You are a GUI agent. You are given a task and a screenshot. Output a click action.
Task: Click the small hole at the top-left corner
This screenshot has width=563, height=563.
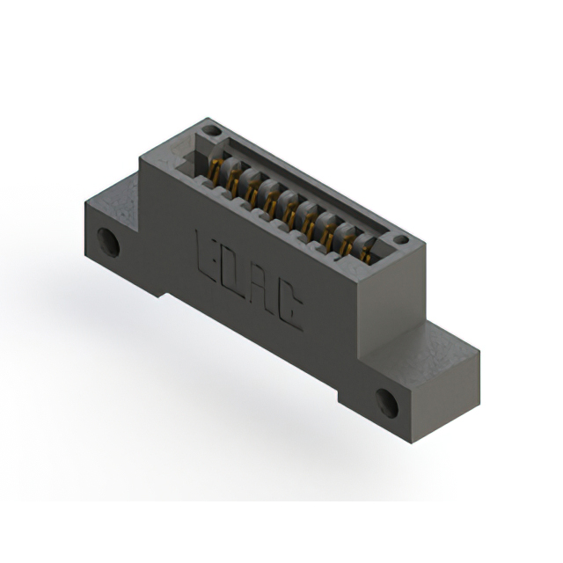coord(208,131)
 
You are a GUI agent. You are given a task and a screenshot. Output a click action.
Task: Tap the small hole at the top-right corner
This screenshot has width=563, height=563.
coord(400,239)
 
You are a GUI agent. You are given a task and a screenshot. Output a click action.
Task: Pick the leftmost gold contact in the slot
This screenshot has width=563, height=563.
coord(214,170)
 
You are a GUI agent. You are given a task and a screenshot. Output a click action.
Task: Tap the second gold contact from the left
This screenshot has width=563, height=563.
coord(233,181)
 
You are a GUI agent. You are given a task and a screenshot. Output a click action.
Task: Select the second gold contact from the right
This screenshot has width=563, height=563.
coord(347,244)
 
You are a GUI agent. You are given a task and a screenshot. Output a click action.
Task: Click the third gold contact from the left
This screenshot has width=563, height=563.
coord(252,191)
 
